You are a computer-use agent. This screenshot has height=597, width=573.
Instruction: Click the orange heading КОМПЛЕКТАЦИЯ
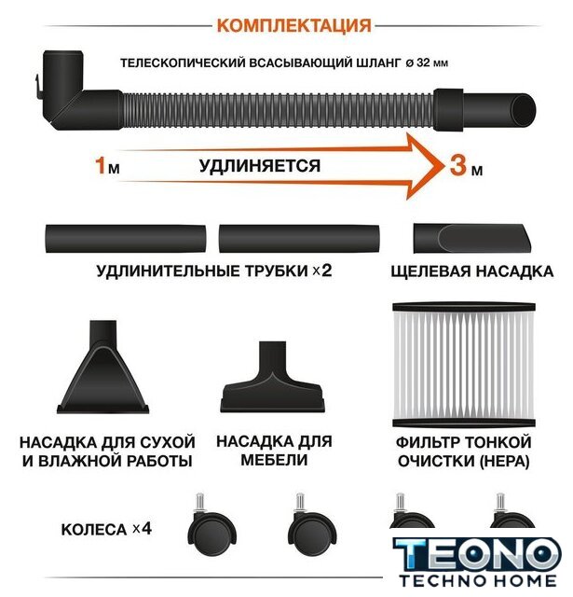click(293, 26)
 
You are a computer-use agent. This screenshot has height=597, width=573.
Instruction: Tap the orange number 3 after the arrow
click(458, 165)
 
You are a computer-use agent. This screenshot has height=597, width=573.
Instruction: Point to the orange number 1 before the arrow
click(100, 165)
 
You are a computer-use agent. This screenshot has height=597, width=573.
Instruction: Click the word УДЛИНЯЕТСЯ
click(260, 166)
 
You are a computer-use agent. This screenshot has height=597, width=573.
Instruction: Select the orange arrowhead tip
click(443, 166)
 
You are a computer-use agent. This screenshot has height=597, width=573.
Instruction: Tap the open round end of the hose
click(524, 110)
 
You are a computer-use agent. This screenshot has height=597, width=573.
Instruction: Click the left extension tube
click(126, 239)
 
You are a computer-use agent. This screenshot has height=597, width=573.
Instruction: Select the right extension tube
click(299, 239)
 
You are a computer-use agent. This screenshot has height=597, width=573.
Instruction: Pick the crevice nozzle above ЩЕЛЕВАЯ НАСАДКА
click(471, 239)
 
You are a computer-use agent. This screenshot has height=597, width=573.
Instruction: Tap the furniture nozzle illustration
click(273, 377)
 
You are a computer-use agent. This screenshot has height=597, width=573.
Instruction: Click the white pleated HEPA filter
click(464, 365)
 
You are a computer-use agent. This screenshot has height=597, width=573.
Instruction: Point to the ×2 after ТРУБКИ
click(322, 271)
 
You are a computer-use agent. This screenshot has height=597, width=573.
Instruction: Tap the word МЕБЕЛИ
click(274, 460)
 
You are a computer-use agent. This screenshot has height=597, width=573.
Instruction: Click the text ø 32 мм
click(427, 62)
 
